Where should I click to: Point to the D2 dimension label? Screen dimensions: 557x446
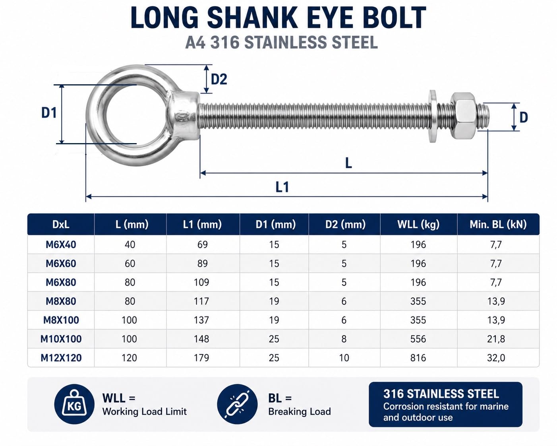(219, 79)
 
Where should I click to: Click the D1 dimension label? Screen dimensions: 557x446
(49, 113)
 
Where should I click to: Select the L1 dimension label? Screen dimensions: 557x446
(282, 187)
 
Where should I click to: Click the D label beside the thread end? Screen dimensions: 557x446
(524, 118)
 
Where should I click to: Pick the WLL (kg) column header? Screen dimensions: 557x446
(418, 224)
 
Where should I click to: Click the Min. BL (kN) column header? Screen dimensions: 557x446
(498, 224)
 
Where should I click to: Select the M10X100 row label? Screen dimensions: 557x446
(61, 339)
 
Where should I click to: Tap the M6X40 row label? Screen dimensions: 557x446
(61, 244)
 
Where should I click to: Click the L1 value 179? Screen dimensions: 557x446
(201, 358)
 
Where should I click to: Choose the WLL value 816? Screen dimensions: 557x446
(418, 358)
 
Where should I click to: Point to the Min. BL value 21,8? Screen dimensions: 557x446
(496, 339)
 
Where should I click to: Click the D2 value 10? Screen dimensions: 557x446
(344, 358)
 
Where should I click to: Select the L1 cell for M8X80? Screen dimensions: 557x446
(201, 301)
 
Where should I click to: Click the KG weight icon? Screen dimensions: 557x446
(74, 404)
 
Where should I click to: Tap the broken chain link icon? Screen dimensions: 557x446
(237, 404)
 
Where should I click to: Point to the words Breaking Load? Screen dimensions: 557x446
(300, 411)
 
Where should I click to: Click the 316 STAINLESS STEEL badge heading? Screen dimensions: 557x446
(441, 394)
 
